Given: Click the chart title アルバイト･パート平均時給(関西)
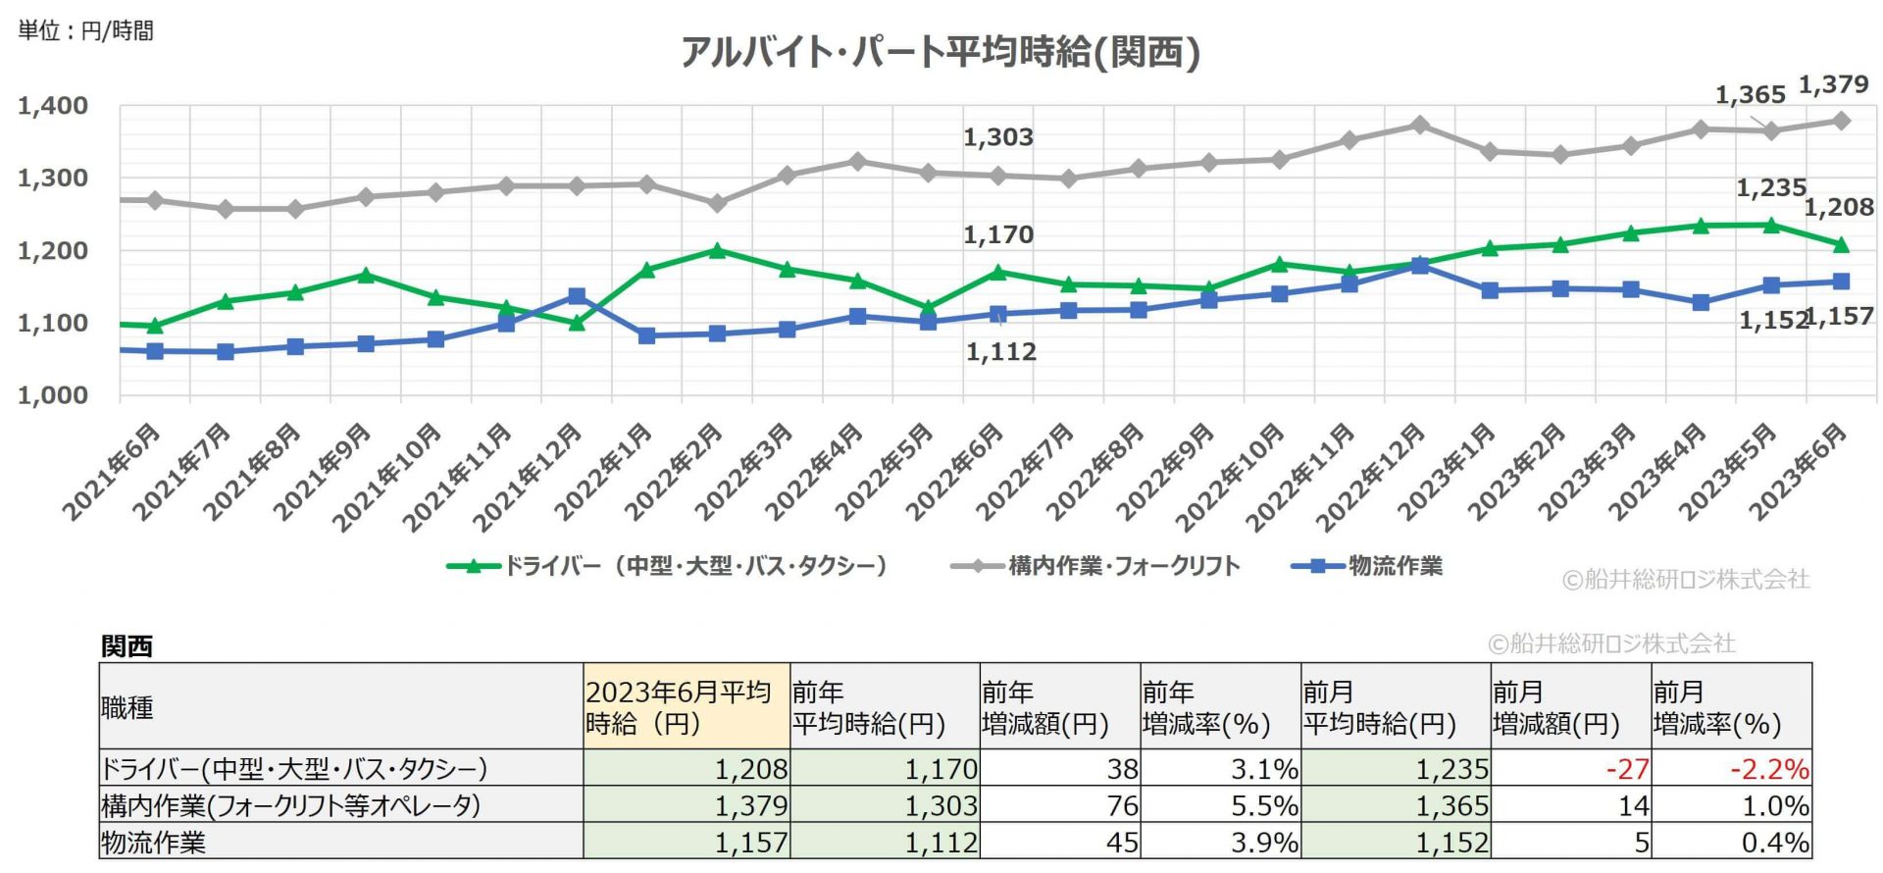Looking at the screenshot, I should (940, 52).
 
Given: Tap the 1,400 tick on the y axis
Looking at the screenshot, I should (53, 106).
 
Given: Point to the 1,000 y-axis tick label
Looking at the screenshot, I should (53, 395).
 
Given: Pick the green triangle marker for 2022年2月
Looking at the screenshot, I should (717, 250).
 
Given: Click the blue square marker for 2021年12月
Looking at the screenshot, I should (577, 296).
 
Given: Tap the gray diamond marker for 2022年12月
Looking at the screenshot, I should (1419, 126).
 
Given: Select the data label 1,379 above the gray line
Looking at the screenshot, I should (1832, 85).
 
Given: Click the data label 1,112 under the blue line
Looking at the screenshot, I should (1000, 351).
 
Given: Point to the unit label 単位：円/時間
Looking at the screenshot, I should (85, 31).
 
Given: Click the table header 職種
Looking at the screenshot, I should (127, 707).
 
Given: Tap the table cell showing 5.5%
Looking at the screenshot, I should (1264, 806).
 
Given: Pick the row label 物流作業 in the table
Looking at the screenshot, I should (154, 843).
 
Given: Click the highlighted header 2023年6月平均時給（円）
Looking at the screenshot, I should (679, 707).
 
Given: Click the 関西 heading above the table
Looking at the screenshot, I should (127, 646).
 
